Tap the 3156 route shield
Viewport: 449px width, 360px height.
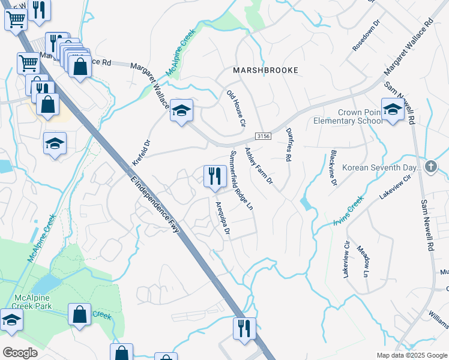[263, 137]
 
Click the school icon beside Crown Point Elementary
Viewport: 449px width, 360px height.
[392, 110]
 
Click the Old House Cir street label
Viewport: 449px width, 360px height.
[236, 109]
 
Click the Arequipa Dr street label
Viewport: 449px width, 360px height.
[223, 220]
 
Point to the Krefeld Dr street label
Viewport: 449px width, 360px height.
[140, 153]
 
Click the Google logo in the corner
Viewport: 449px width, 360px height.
[20, 353]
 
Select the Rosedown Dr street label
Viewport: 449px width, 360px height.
[367, 36]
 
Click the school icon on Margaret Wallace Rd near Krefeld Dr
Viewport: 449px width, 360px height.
[181, 110]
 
